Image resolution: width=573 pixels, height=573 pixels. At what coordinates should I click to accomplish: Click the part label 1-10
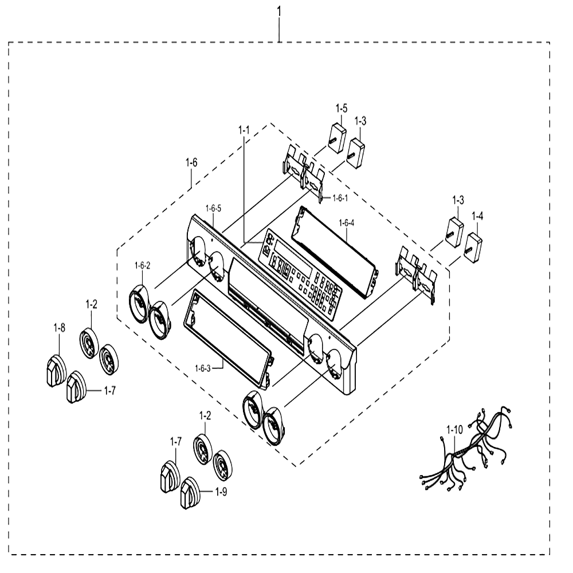click(454, 430)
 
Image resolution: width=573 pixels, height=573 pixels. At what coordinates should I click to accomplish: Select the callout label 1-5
click(342, 108)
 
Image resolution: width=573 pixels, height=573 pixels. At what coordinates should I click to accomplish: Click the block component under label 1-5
click(337, 138)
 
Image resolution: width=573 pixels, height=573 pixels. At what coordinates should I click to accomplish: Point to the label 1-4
click(477, 217)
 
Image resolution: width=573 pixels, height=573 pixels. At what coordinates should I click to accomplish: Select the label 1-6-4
click(347, 223)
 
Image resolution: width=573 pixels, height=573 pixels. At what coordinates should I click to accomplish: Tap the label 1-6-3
click(202, 368)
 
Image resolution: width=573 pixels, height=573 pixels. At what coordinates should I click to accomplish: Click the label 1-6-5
click(213, 209)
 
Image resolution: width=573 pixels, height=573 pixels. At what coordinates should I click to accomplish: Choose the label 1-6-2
click(142, 266)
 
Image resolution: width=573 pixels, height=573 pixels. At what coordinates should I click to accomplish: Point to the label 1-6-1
click(340, 198)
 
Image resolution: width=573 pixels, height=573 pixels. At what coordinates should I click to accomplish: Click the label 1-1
click(244, 129)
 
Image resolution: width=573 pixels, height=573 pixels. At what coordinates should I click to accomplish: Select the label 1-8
click(59, 328)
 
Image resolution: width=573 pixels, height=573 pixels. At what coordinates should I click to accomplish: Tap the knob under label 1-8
click(56, 371)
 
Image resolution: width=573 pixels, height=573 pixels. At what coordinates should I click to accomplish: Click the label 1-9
click(221, 492)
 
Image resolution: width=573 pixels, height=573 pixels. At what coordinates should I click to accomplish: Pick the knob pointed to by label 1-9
click(190, 493)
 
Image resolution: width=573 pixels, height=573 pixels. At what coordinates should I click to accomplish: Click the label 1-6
click(191, 163)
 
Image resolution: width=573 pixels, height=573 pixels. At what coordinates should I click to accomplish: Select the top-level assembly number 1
click(279, 12)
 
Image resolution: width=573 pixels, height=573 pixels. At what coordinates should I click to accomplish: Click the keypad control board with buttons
click(300, 273)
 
